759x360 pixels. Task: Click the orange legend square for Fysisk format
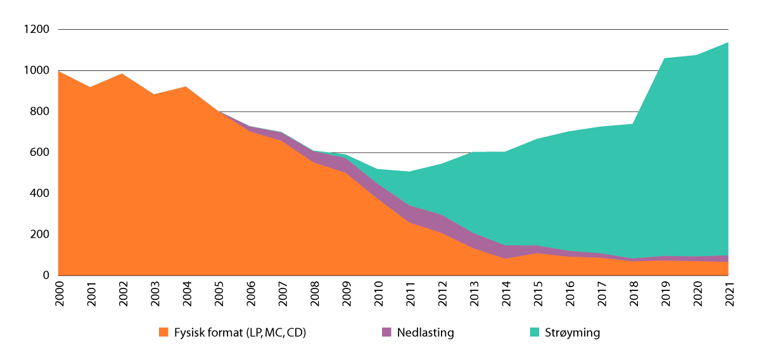pyautogui.click(x=163, y=332)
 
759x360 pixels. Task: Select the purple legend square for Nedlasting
pyautogui.click(x=386, y=332)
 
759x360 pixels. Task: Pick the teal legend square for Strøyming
pyautogui.click(x=535, y=332)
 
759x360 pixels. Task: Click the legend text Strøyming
pyautogui.click(x=572, y=332)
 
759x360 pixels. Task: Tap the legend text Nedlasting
pyautogui.click(x=425, y=332)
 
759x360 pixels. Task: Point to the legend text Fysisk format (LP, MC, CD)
pyautogui.click(x=240, y=332)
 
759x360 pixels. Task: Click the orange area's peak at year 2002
pyautogui.click(x=123, y=74)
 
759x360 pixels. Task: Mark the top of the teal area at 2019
pyautogui.click(x=665, y=58)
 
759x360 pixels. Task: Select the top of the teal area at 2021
pyautogui.click(x=728, y=42)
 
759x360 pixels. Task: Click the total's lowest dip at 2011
pyautogui.click(x=410, y=172)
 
